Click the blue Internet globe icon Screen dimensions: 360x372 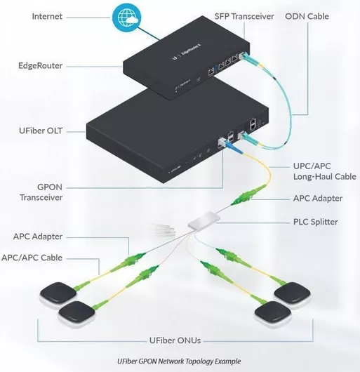[126, 18]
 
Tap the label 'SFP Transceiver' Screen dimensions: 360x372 [244, 16]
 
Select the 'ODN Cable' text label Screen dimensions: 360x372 [307, 16]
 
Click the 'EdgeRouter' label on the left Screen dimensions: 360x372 [40, 66]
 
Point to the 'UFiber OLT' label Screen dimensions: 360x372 [41, 131]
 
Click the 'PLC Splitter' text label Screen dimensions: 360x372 [315, 222]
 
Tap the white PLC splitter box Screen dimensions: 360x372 [204, 220]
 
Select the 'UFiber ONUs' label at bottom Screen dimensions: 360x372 [175, 340]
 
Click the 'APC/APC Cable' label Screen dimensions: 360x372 [32, 258]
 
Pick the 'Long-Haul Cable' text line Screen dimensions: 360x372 [325, 176]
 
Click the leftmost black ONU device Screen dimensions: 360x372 [58, 293]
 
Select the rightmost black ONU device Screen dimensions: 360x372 [293, 294]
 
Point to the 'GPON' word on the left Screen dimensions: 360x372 [50, 187]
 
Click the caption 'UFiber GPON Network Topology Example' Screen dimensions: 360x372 [179, 361]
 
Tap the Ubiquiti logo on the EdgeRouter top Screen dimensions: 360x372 [175, 58]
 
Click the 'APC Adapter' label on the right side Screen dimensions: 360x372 [318, 199]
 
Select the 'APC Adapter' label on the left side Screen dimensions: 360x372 [38, 237]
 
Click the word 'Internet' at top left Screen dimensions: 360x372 [47, 16]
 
